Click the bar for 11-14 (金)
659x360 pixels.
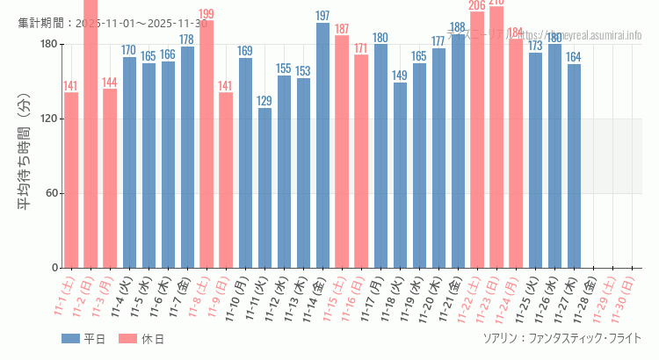coord(322,145)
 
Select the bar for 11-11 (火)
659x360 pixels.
coord(264,188)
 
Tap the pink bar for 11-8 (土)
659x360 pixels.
coord(206,144)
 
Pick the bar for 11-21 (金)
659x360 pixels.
coord(458,151)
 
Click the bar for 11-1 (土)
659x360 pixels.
coord(71,180)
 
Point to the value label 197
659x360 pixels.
coord(322,16)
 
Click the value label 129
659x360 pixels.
coord(264,101)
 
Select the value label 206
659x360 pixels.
coord(477,6)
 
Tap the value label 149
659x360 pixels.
coord(400,76)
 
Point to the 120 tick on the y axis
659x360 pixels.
coord(48,119)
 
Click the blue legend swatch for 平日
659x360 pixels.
coord(70,339)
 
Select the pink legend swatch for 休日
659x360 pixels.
coord(128,339)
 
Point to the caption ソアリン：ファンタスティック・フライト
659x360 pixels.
coord(562,338)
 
